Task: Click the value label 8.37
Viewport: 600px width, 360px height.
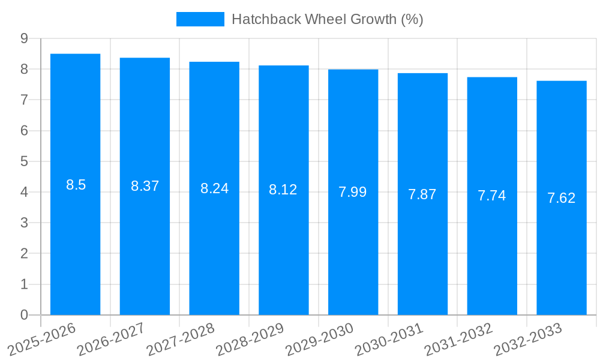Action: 145,186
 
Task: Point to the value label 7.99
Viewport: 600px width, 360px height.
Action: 353,192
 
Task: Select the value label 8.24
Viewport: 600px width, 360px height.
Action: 215,188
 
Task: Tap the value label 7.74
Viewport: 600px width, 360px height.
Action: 492,196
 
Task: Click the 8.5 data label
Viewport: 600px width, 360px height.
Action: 76,185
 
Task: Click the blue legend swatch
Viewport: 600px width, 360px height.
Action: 200,19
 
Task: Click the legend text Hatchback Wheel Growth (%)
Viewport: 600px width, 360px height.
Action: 328,19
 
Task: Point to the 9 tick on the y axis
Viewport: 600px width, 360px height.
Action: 24,38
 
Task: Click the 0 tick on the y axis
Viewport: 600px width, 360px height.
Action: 24,315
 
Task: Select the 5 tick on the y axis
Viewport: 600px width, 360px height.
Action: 24,161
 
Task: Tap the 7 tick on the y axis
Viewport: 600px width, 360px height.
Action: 24,100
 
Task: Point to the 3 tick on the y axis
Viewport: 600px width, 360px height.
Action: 24,223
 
